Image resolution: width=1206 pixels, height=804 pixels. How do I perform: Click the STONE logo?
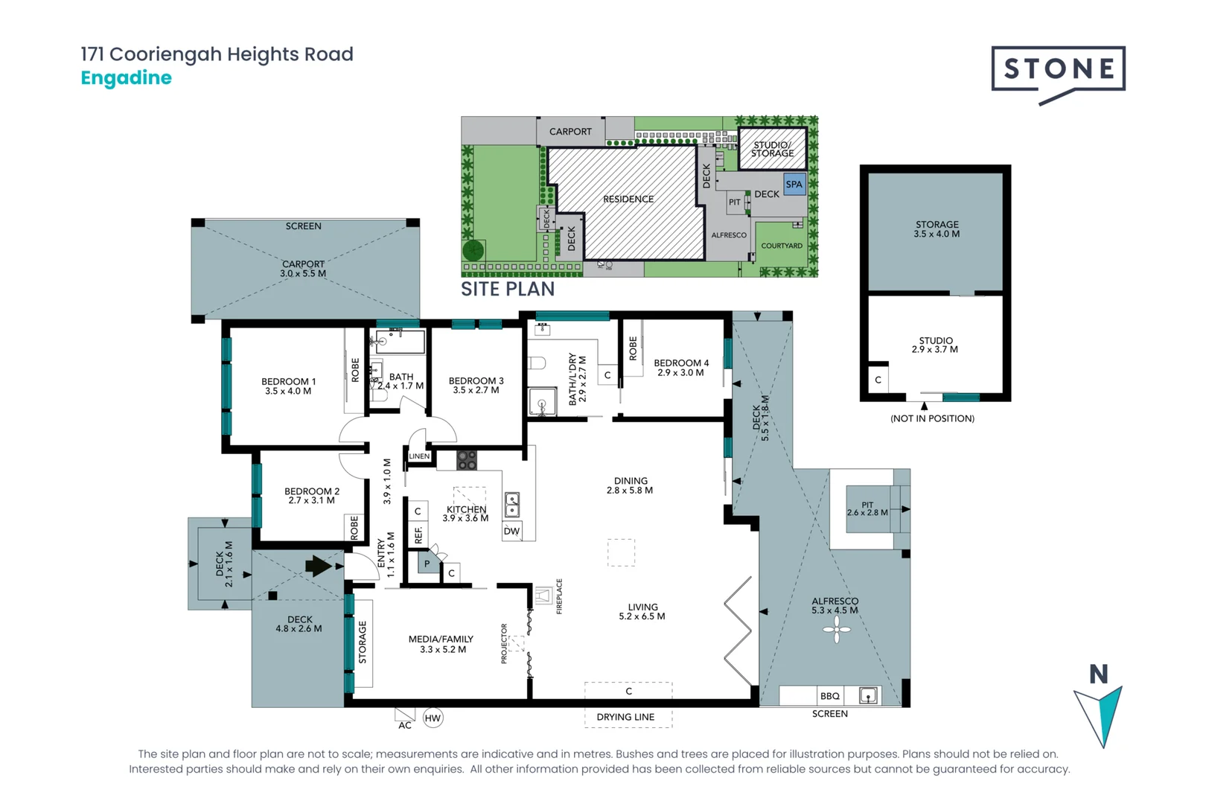(x=1058, y=70)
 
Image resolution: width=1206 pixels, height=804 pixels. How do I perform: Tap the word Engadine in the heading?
(x=126, y=77)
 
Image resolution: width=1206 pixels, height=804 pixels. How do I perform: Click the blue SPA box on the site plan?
(x=794, y=184)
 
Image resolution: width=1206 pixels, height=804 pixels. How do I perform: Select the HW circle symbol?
(x=433, y=718)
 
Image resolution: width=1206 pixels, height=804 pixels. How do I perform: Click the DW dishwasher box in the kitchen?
(x=511, y=531)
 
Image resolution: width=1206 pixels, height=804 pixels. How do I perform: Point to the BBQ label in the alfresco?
(x=829, y=696)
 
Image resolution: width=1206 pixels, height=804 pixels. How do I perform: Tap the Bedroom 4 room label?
(x=680, y=367)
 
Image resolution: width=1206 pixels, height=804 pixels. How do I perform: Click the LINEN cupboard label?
(x=419, y=456)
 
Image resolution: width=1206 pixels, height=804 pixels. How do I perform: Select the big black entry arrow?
(x=319, y=566)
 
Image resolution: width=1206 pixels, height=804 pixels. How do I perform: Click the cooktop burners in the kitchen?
(x=467, y=460)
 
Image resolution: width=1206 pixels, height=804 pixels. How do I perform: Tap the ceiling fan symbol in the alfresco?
(x=837, y=631)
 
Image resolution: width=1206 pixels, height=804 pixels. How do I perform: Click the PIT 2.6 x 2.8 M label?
(x=867, y=508)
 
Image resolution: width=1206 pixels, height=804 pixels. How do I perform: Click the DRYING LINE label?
(x=625, y=717)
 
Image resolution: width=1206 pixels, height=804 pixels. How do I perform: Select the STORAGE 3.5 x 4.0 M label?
(x=937, y=229)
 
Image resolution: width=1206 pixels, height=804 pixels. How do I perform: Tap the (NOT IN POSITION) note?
(x=932, y=418)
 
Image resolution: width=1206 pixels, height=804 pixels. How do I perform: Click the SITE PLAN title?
(x=508, y=289)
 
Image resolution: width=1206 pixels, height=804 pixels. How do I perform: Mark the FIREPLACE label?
(x=559, y=596)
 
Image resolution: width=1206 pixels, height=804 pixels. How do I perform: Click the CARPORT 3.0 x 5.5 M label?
(x=303, y=268)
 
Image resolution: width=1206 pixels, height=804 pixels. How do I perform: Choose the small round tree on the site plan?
(x=473, y=250)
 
